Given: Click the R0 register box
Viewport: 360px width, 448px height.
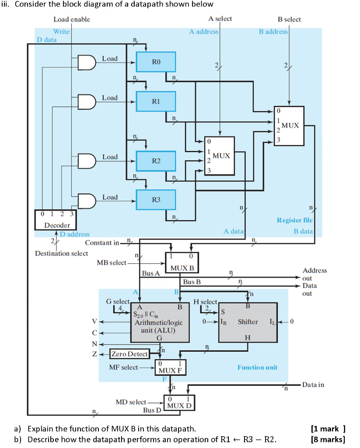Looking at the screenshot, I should point(156,62).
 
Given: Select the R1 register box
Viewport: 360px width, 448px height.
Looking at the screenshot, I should point(156,101).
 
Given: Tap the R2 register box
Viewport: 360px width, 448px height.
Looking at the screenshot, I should point(156,161).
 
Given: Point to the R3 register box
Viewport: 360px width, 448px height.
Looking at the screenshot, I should point(156,199).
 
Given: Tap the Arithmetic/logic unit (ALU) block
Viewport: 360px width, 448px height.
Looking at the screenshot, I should point(160,322).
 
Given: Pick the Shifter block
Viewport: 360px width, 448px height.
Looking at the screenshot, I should point(248,322).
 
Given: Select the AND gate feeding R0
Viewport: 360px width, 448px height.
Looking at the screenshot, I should point(86,63).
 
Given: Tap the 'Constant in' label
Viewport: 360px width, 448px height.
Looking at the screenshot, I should point(102,242).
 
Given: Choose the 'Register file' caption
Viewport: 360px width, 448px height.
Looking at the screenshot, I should point(294,220).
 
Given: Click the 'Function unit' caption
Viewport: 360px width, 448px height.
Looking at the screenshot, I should point(257,367).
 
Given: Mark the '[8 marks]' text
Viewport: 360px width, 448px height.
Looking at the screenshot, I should point(328,439).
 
